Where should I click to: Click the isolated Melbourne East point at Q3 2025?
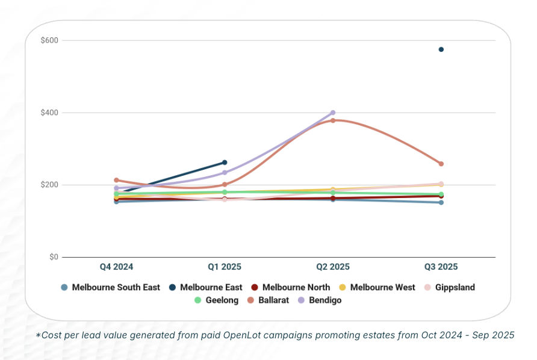pyautogui.click(x=441, y=49)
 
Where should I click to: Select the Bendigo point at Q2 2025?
pyautogui.click(x=333, y=113)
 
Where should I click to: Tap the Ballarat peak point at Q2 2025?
pyautogui.click(x=333, y=120)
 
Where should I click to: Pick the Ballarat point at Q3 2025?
pyautogui.click(x=441, y=164)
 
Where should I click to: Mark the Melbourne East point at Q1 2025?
pyautogui.click(x=225, y=163)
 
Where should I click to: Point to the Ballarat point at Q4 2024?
pyautogui.click(x=116, y=180)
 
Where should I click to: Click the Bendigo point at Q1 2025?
pyautogui.click(x=225, y=173)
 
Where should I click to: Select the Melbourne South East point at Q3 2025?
pyautogui.click(x=441, y=202)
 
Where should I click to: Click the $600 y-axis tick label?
pyautogui.click(x=50, y=40)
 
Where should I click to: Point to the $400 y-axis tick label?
pyautogui.click(x=50, y=113)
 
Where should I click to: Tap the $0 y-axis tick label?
pyautogui.click(x=54, y=257)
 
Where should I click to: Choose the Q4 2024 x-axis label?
pyautogui.click(x=116, y=267)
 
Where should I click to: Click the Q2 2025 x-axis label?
pyautogui.click(x=333, y=267)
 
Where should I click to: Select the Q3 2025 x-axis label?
pyautogui.click(x=441, y=267)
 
